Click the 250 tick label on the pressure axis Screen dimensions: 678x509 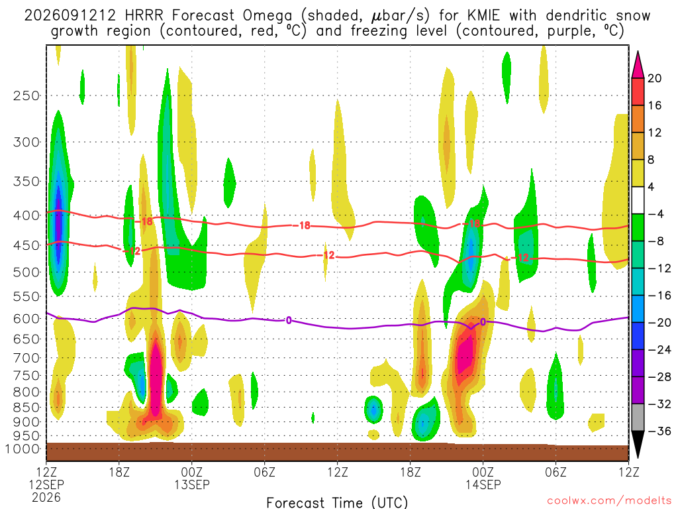26,95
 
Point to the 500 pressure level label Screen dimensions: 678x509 26,272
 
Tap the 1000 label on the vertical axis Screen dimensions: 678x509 23,449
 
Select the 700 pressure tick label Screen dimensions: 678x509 26,358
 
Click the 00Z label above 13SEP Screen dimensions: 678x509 191,471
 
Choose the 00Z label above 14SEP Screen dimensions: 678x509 483,471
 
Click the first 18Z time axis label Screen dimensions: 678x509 119,471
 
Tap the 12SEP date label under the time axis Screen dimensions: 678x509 46,484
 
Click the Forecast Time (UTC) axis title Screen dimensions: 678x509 337,502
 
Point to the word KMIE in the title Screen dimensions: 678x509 483,16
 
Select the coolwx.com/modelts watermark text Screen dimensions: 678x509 609,501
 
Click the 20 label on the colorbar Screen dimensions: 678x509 654,78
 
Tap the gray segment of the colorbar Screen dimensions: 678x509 638,418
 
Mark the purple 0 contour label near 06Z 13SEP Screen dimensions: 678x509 289,320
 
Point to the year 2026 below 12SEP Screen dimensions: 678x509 46,497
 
